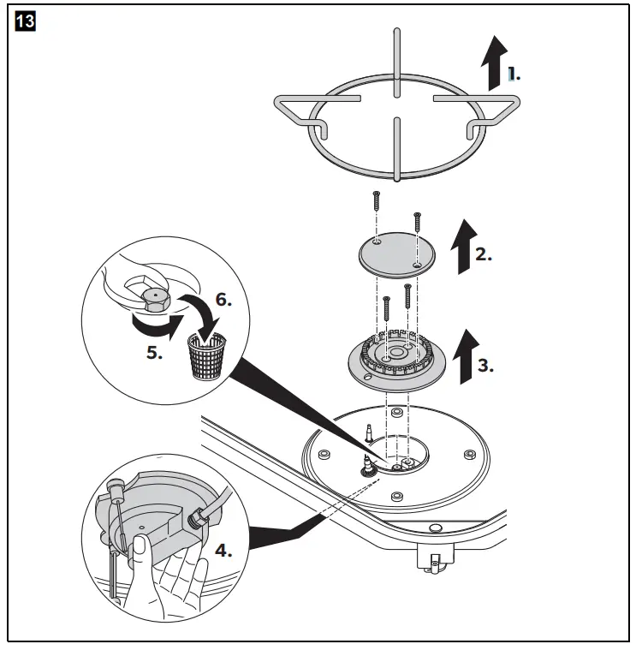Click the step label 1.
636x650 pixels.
pos(513,75)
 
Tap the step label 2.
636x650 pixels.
pos(484,254)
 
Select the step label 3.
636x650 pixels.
pos(485,364)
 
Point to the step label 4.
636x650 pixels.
pos(223,551)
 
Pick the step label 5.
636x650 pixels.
pos(153,352)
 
